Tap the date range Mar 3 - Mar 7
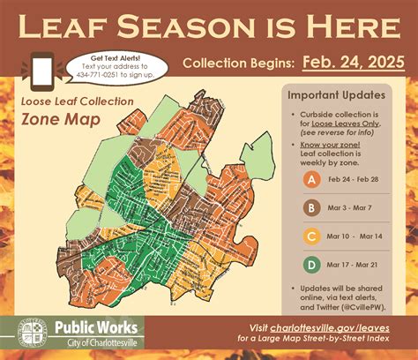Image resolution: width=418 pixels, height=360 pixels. tap(356, 208)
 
